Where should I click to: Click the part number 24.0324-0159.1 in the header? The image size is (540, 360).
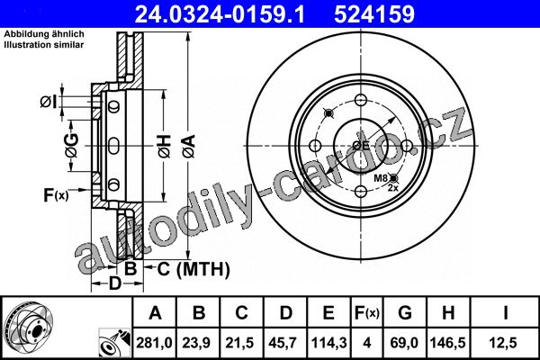point(220,14)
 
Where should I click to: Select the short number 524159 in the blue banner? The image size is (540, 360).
point(374,14)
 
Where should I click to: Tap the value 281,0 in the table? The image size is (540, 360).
point(154,343)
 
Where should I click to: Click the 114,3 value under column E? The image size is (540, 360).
point(328,343)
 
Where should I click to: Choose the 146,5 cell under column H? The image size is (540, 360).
point(447,343)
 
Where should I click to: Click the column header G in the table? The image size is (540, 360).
point(405,313)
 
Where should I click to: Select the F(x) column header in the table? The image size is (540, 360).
point(367,313)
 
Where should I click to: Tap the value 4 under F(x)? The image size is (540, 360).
point(367,343)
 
